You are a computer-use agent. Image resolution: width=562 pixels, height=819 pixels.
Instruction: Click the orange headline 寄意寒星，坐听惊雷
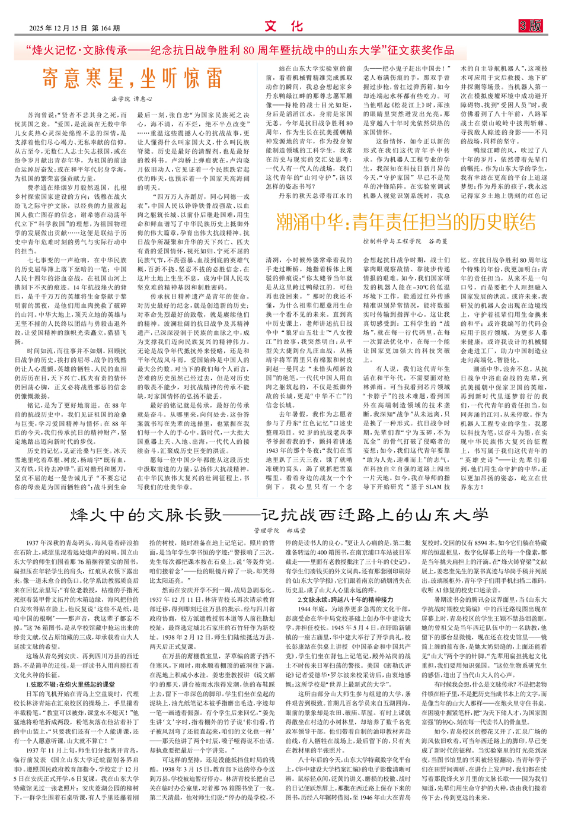[132, 78]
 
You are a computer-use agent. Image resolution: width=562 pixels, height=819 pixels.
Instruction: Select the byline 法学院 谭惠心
[132, 99]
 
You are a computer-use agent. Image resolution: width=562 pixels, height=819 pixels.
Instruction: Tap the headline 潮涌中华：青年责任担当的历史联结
[405, 222]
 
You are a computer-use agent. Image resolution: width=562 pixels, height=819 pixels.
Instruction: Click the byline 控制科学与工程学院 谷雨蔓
[405, 242]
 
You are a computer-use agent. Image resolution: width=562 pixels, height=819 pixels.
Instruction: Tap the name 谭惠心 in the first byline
[142, 99]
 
